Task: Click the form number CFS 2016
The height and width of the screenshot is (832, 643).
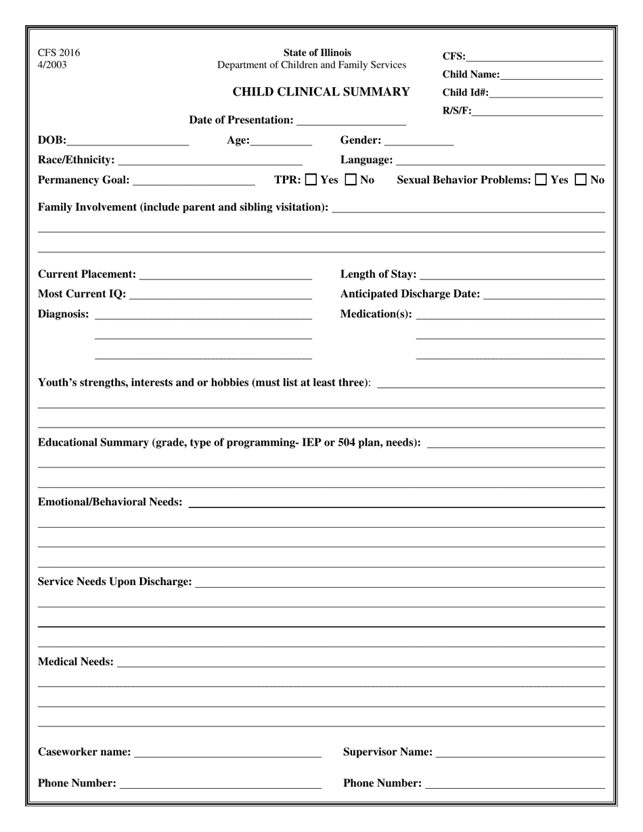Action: click(59, 53)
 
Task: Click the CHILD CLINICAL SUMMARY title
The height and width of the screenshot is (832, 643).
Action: click(321, 92)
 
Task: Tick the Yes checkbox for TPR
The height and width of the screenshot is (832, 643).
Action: click(311, 180)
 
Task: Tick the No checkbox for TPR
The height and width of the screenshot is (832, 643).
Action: click(351, 180)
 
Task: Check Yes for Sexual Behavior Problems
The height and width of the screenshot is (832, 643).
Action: click(541, 180)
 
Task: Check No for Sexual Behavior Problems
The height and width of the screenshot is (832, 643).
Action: click(581, 180)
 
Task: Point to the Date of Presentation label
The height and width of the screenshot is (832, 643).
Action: click(241, 120)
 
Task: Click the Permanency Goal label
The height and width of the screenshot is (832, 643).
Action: click(83, 181)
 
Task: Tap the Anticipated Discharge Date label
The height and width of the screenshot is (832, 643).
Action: click(410, 294)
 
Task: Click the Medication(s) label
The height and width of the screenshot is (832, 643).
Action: click(376, 315)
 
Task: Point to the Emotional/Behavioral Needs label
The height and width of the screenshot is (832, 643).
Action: click(110, 503)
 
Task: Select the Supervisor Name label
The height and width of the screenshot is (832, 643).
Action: click(388, 752)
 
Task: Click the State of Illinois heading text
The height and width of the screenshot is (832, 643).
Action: click(317, 53)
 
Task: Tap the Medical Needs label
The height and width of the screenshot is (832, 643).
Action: click(76, 662)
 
